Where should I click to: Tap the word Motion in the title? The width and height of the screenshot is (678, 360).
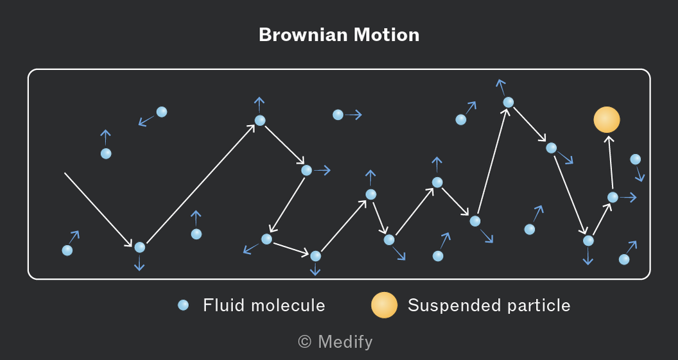(387, 35)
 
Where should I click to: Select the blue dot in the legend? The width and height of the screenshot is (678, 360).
(184, 305)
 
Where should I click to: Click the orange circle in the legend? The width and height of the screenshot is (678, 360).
(384, 305)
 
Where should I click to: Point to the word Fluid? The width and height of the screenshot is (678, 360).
(224, 305)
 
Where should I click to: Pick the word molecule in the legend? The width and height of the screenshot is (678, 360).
(288, 305)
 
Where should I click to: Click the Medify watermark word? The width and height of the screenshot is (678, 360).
(345, 342)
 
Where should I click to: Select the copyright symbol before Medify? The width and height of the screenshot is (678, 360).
(305, 342)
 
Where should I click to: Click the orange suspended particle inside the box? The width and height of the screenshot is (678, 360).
(607, 120)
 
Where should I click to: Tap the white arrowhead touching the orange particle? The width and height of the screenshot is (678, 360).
(609, 139)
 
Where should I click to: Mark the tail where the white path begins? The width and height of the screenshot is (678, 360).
(65, 173)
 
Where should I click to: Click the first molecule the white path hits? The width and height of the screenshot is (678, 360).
(140, 247)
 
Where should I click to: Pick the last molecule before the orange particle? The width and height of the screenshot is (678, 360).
(613, 197)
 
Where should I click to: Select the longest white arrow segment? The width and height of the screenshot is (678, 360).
(201, 184)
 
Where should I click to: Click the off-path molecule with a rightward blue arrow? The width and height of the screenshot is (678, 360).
(338, 114)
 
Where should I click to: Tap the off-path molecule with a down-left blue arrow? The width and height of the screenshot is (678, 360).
(162, 112)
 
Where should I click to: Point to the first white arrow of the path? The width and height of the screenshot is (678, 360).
(99, 210)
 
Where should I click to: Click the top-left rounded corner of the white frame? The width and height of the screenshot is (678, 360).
(31, 72)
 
